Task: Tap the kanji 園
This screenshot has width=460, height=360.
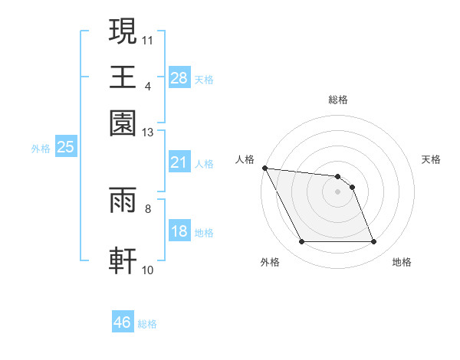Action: click(123, 123)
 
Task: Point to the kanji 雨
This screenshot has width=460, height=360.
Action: click(123, 201)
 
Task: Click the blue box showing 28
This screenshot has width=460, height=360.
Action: click(179, 78)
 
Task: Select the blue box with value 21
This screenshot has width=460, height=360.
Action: click(179, 162)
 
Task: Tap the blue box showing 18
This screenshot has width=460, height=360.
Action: click(179, 231)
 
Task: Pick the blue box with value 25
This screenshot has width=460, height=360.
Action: click(65, 148)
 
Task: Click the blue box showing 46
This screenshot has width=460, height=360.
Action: click(123, 322)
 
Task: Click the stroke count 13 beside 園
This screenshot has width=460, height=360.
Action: click(148, 133)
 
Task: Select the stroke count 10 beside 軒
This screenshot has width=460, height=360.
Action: click(148, 269)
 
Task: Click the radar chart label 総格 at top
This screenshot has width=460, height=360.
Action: click(338, 100)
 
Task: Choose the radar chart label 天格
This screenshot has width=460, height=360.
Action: click(431, 159)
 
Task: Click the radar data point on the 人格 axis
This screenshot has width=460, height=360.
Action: click(264, 168)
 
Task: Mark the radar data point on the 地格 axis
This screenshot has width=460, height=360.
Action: click(374, 242)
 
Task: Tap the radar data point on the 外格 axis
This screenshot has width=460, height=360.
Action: click(301, 242)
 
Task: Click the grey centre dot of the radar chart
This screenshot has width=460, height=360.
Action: click(338, 191)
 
